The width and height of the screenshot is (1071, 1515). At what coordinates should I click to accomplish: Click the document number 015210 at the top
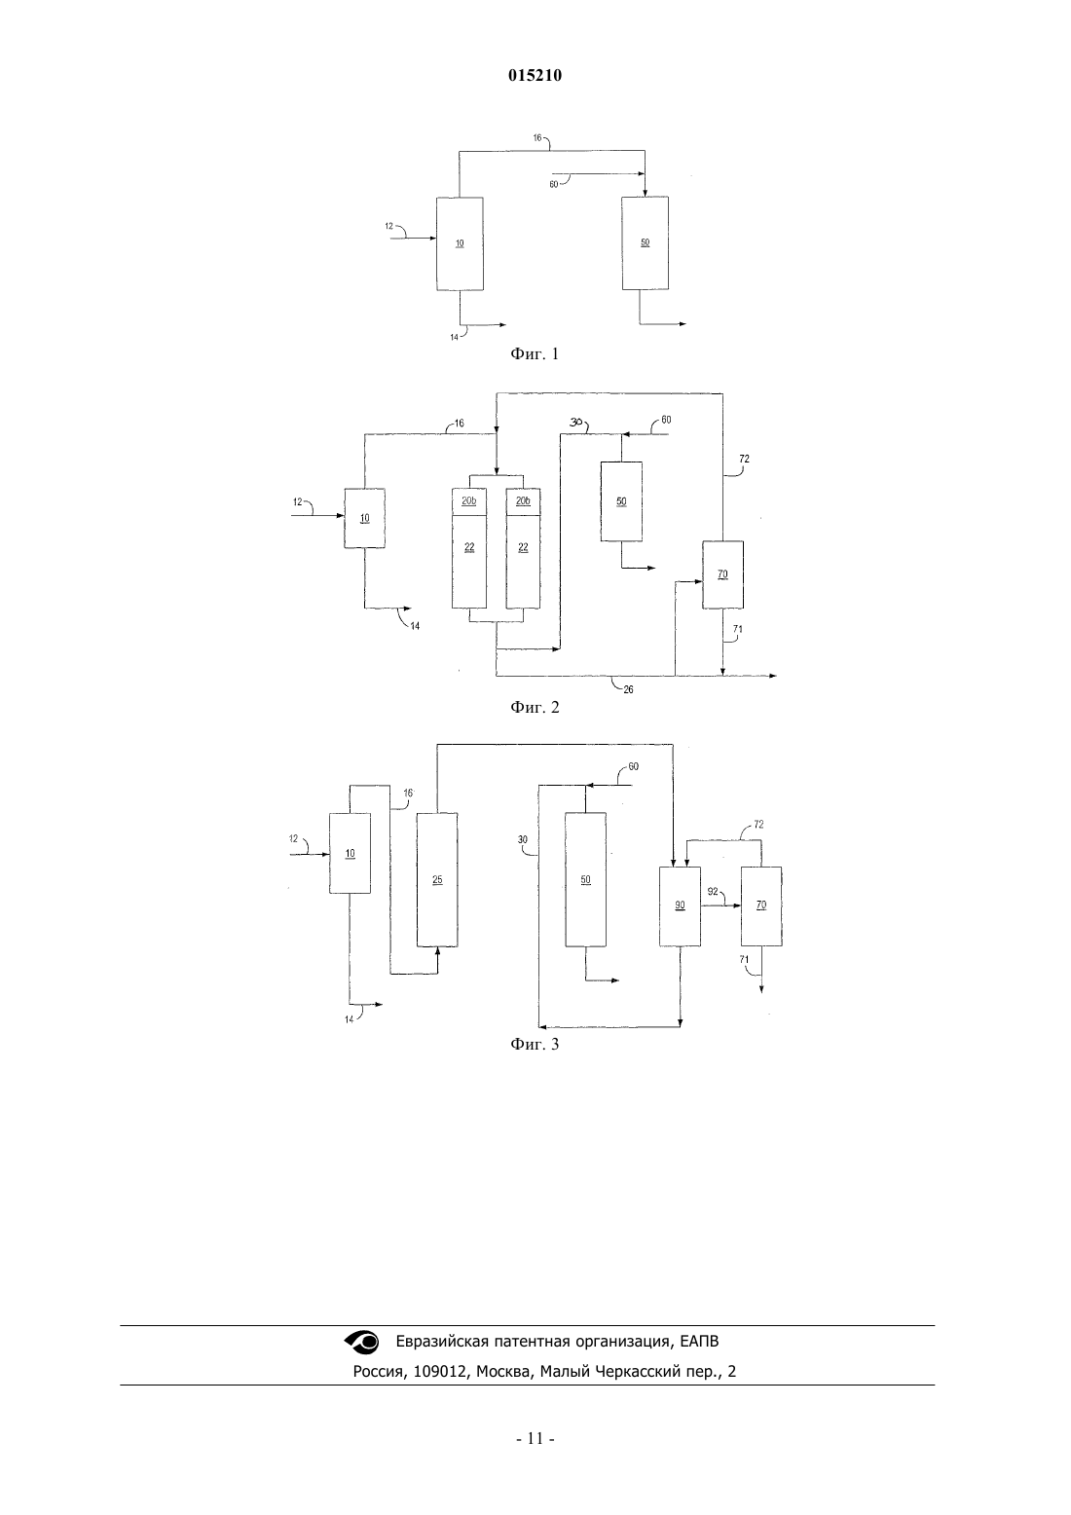click(x=535, y=76)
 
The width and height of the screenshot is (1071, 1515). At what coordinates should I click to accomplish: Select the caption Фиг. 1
click(x=535, y=353)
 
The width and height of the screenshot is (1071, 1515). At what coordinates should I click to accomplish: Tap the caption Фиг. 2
click(x=535, y=708)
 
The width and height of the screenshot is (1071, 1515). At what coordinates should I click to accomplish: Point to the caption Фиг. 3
click(x=535, y=1045)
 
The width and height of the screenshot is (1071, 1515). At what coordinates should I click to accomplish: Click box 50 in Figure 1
click(x=645, y=243)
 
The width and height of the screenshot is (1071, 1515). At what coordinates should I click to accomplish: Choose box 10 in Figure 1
click(x=460, y=244)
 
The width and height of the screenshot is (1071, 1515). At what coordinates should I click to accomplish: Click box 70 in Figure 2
click(x=722, y=574)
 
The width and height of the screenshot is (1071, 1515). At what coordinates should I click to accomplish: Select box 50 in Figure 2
click(x=621, y=501)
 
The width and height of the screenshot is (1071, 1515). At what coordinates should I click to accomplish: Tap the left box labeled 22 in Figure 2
click(x=469, y=562)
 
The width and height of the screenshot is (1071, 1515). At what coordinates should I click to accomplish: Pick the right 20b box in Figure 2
click(x=524, y=501)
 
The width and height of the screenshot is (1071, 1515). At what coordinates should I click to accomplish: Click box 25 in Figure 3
click(x=437, y=880)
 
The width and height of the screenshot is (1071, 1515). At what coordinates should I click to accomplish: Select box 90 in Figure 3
click(x=681, y=906)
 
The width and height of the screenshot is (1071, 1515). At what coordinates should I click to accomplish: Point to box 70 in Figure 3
click(x=761, y=906)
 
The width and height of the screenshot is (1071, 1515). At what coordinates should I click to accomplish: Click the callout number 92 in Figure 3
click(x=713, y=892)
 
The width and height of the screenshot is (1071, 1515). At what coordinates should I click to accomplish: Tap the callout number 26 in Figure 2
click(x=628, y=690)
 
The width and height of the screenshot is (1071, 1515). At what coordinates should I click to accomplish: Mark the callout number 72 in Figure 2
click(x=745, y=460)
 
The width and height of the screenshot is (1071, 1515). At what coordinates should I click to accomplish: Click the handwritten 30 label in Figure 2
click(x=575, y=422)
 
